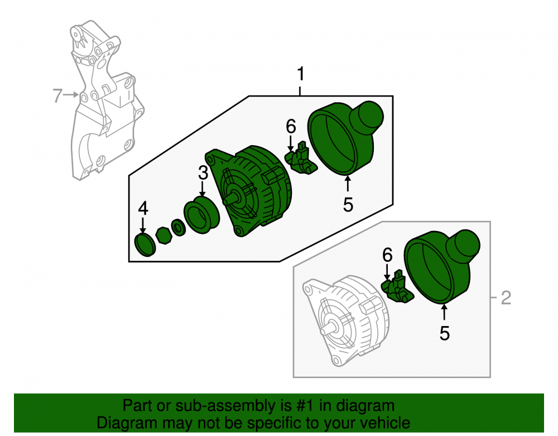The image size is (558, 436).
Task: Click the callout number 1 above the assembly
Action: coord(301,74)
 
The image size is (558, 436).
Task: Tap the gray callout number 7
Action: coord(57,95)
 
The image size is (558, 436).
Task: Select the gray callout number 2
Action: coord(506,298)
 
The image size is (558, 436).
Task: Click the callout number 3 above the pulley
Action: coord(203,173)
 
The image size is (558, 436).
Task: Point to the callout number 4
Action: coord(143,208)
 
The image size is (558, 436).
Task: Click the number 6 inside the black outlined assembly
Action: coord(291,126)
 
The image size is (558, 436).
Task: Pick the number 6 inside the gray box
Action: coord(387,255)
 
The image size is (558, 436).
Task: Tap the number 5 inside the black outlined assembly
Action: coord(348,205)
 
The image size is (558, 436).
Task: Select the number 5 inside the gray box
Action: coord(445,333)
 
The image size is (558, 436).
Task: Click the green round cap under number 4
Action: coord(145,245)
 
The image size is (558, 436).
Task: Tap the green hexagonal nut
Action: coord(163,236)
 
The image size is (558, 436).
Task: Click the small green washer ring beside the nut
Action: coord(179,228)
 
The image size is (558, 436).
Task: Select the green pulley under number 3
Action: coord(201,216)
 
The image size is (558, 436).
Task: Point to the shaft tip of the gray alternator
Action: coord(324,331)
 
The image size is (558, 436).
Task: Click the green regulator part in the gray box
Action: coord(397,287)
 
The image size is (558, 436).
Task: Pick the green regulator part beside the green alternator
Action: coord(301,158)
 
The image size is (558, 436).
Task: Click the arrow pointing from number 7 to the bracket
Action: coord(71,95)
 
